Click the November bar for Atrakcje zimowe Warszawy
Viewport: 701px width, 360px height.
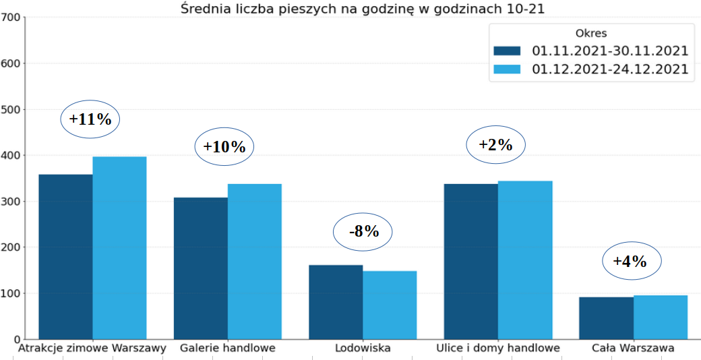pos(65,257)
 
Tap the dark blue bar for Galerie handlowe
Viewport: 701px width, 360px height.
pos(201,268)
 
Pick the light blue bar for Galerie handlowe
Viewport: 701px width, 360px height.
pos(255,262)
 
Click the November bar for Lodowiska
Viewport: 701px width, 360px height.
pos(336,302)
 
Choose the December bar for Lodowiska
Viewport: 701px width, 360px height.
pos(390,305)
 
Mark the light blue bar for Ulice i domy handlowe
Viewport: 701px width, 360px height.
pos(525,260)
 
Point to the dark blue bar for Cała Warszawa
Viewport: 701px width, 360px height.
pos(606,318)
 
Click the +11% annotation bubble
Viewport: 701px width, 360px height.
pos(90,119)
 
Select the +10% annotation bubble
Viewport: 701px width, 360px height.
pos(224,146)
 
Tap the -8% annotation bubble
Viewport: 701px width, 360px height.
pos(363,232)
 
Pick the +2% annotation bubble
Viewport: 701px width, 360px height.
pos(495,144)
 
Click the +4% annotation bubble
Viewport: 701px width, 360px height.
pos(631,262)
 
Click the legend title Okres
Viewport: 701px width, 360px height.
pos(591,33)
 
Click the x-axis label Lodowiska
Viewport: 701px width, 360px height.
pos(363,349)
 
